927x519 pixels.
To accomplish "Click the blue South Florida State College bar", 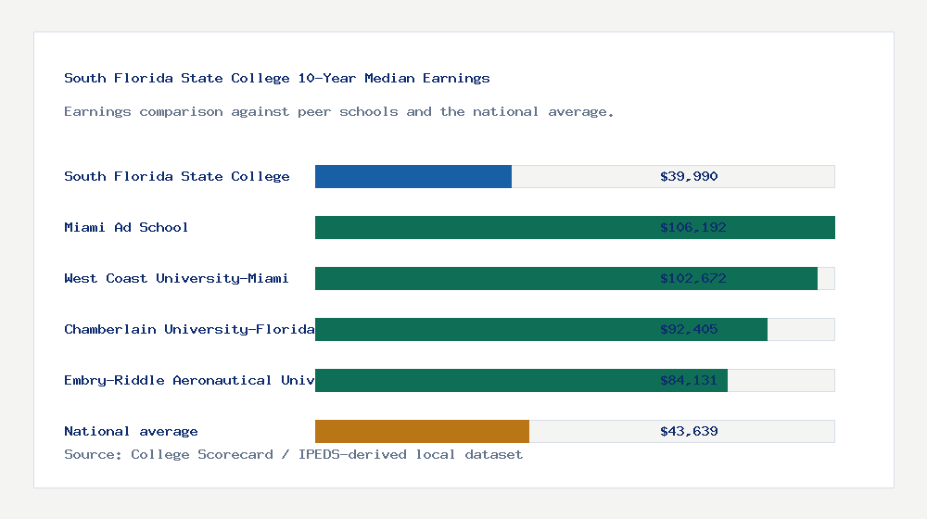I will (413, 176).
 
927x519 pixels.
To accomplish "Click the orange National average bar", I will (422, 431).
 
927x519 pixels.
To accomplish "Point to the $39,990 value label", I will (689, 176).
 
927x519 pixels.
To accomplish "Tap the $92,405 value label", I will (689, 329).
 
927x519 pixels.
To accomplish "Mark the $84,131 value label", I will (689, 380).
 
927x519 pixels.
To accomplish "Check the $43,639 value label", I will (689, 431).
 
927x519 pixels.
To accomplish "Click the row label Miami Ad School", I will (126, 227).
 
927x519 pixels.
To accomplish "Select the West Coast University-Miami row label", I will (176, 278).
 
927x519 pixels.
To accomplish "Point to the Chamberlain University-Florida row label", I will (189, 329).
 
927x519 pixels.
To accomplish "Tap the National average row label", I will (131, 431).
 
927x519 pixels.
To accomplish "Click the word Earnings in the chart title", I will (456, 78).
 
